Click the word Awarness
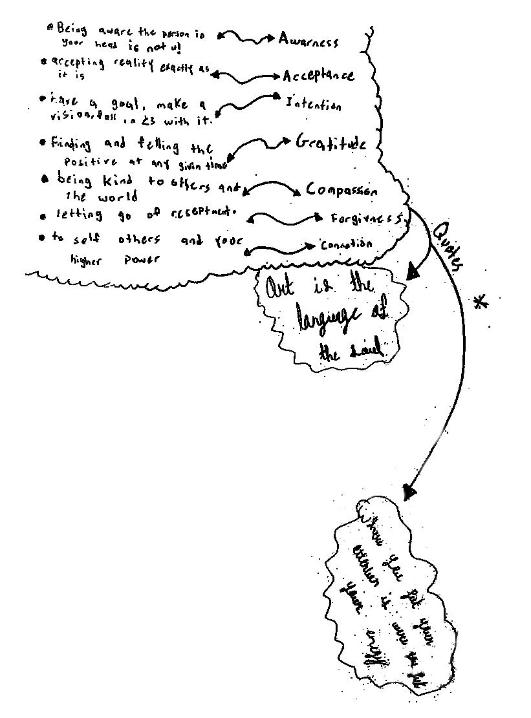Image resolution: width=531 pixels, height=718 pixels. coord(308,41)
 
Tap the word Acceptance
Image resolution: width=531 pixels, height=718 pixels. coord(318,76)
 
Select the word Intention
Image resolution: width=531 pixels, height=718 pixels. coord(313,104)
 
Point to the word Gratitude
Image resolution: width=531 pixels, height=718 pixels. coord(331,143)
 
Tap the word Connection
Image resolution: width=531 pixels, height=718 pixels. coord(346,245)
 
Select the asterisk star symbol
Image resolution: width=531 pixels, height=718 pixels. coord(480,302)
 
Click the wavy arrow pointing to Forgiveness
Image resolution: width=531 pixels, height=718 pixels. coord(285,218)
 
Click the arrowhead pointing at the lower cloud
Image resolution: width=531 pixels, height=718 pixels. coord(409,492)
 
